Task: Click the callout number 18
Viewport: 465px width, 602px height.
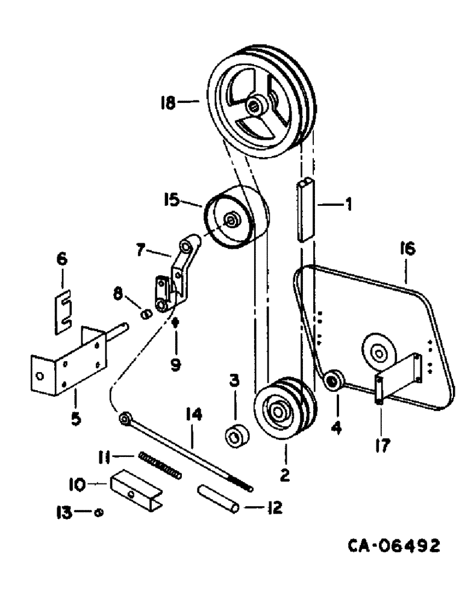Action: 169,103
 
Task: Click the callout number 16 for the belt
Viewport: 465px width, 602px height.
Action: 407,248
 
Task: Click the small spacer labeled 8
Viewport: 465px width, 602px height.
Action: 145,314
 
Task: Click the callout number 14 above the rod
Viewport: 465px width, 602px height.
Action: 195,414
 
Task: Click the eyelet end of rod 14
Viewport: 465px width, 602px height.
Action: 125,417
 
